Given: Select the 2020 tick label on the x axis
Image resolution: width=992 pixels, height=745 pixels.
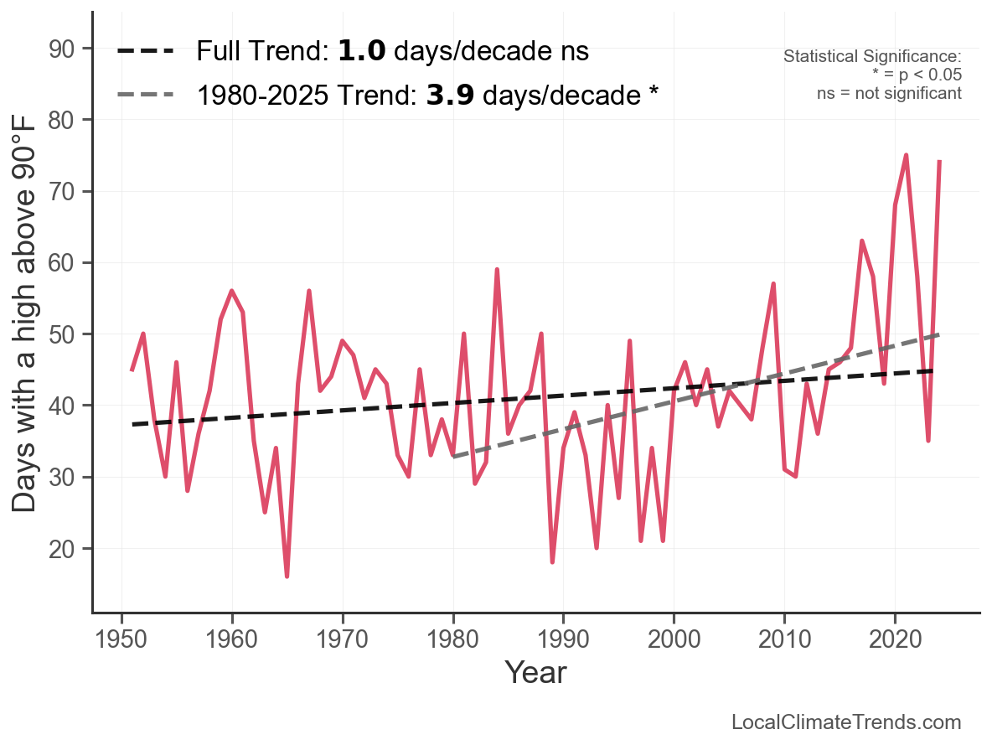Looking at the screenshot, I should pyautogui.click(x=895, y=641).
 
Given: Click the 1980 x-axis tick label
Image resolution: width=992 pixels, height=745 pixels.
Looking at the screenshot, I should pyautogui.click(x=452, y=641).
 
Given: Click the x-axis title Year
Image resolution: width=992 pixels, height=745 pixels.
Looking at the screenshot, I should pyautogui.click(x=535, y=673).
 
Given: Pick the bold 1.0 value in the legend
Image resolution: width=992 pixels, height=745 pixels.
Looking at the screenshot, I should pyautogui.click(x=362, y=51).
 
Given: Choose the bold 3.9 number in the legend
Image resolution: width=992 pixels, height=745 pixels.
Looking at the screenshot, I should pyautogui.click(x=450, y=95).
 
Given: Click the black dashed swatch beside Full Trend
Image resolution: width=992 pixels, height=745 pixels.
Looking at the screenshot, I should pyautogui.click(x=146, y=51).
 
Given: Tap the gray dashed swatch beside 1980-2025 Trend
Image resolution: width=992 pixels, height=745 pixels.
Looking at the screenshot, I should pyautogui.click(x=146, y=95).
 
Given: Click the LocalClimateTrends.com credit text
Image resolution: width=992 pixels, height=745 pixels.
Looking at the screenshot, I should pyautogui.click(x=846, y=722).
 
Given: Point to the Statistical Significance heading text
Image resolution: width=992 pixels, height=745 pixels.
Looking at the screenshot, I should pyautogui.click(x=872, y=57).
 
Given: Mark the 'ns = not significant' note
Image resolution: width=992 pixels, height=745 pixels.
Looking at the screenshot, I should pyautogui.click(x=889, y=92).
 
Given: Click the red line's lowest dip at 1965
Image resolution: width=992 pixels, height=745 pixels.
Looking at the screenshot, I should pyautogui.click(x=287, y=577).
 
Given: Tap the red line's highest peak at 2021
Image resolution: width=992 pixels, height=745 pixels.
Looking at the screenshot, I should pyautogui.click(x=906, y=155).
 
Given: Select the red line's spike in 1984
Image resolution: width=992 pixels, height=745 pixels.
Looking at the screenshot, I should pyautogui.click(x=497, y=269).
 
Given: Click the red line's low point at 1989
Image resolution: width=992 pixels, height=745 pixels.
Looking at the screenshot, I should pyautogui.click(x=552, y=561).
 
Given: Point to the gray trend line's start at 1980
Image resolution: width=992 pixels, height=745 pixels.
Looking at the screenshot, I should pyautogui.click(x=452, y=457).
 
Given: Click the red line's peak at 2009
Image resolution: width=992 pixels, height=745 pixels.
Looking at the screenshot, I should pyautogui.click(x=773, y=284).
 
